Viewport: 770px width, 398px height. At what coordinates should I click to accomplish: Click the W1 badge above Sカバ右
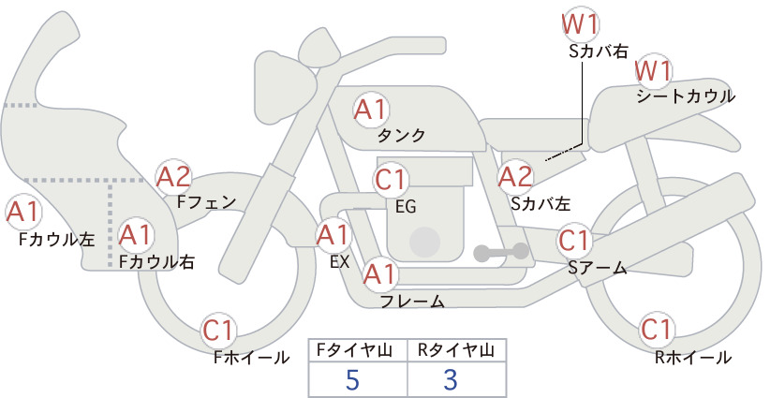[581, 26]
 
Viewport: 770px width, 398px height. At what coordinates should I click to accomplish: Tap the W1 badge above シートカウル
[653, 72]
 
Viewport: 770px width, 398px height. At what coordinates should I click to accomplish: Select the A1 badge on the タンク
[371, 111]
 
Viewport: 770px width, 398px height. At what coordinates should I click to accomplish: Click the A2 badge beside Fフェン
[173, 177]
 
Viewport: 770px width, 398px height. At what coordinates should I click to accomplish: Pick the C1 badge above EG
[391, 180]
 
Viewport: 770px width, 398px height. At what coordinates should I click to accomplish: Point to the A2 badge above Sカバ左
[515, 177]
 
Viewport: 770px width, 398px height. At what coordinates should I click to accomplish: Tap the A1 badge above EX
[333, 236]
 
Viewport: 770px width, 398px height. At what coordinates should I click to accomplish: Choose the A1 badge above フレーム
[380, 274]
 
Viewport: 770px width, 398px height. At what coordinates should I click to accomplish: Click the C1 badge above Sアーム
[574, 241]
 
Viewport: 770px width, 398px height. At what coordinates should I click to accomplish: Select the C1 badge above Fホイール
[218, 332]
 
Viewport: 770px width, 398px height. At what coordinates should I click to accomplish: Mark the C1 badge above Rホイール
[657, 330]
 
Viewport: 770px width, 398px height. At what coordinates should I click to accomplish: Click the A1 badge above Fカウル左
[23, 213]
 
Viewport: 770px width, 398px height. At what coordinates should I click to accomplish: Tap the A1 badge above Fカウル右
[136, 236]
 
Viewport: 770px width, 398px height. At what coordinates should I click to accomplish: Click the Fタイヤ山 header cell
[358, 350]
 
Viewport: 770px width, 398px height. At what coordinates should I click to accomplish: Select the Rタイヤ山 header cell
[457, 350]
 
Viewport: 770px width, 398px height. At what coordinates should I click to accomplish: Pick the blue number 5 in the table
[352, 379]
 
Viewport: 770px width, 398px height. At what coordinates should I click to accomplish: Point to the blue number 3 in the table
[451, 379]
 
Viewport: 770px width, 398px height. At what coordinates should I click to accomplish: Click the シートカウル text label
[686, 96]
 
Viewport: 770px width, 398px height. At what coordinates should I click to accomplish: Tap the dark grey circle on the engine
[424, 242]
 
